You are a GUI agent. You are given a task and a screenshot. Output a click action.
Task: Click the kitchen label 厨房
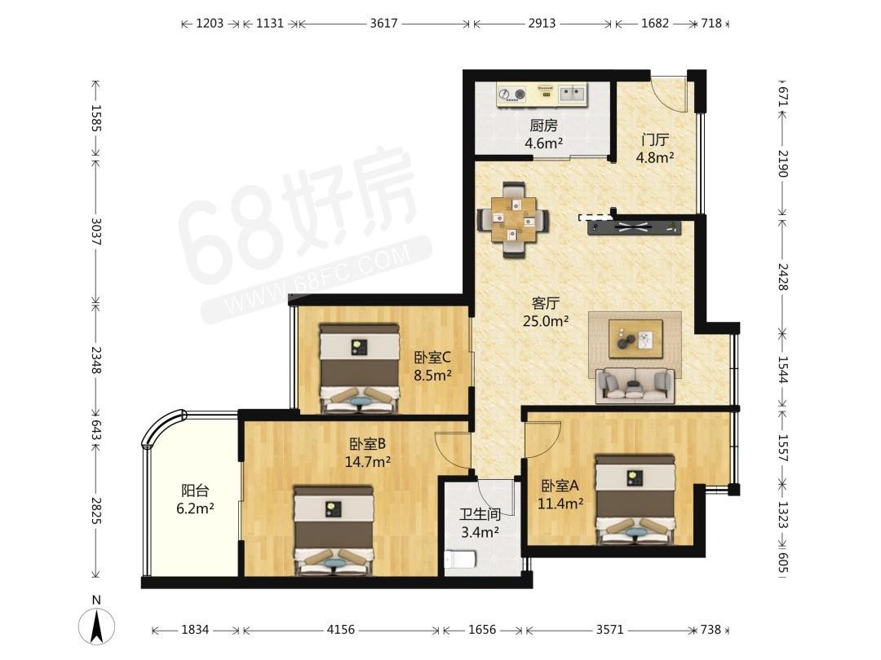(x=543, y=125)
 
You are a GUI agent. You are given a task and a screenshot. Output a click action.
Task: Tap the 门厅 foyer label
(x=654, y=139)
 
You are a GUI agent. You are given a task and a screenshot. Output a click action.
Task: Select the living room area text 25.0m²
(x=546, y=321)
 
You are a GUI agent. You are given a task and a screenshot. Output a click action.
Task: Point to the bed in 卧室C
(x=360, y=368)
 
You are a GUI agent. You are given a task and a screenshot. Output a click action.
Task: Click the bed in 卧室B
(x=334, y=530)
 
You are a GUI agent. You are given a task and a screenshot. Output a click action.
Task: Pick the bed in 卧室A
(x=635, y=499)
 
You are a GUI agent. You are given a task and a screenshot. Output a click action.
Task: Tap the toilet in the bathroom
(x=460, y=560)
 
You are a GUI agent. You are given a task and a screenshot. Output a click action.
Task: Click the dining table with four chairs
(x=513, y=219)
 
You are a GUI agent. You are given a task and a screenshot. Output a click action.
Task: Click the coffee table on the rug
(x=635, y=338)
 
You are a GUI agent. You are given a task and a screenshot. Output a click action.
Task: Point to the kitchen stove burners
(x=512, y=95)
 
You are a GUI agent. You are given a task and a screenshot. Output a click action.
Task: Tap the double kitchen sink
(x=571, y=94)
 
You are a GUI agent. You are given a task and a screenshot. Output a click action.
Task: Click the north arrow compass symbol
(x=96, y=626)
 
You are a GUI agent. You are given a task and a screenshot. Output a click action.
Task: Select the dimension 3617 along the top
(x=383, y=23)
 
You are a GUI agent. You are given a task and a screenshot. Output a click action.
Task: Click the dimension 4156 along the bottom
(x=340, y=630)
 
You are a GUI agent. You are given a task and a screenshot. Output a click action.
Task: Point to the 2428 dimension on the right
(x=782, y=277)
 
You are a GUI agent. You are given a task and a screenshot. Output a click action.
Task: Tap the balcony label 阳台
(x=195, y=490)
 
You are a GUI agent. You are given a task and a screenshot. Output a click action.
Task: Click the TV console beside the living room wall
(x=635, y=227)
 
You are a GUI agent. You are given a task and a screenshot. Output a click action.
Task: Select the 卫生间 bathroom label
(x=480, y=513)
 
